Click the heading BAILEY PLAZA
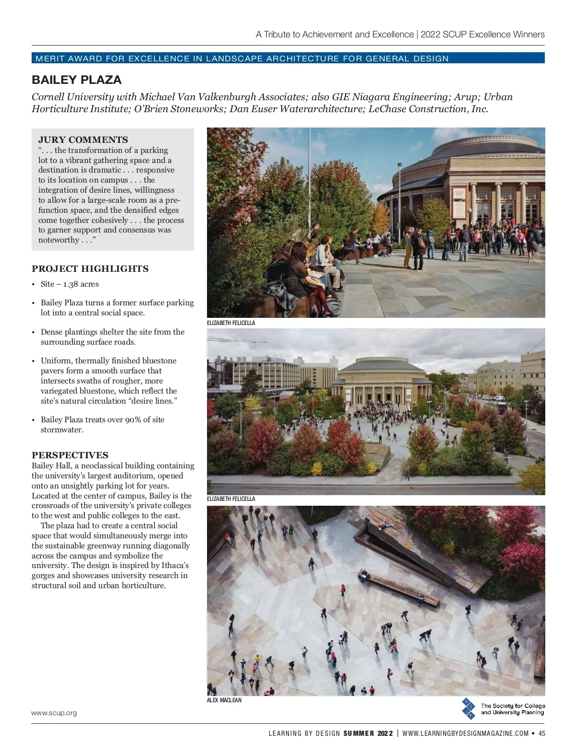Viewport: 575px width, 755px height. coord(77,80)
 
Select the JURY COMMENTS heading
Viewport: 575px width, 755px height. coord(83,140)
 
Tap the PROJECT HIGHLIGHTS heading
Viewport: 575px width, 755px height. coord(90,269)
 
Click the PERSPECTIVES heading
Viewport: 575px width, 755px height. coord(70,455)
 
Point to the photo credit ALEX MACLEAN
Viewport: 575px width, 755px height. coord(224,700)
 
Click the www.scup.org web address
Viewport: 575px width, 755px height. coord(54,713)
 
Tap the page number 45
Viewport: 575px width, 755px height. coord(542,733)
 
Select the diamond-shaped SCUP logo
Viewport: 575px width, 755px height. coord(469,709)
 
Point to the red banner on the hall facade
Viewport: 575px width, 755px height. coord(459,203)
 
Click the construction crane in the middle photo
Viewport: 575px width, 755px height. coord(237,340)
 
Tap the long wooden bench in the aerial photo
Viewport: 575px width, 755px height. coord(399,588)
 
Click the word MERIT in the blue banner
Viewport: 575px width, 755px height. coord(50,58)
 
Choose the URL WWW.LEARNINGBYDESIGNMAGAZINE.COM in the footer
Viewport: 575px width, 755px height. coord(465,733)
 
